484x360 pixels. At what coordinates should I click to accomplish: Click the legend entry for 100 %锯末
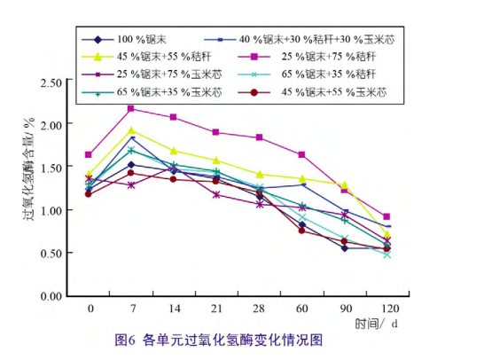click(x=124, y=40)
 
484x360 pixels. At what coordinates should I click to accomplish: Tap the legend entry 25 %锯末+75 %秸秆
click(x=307, y=57)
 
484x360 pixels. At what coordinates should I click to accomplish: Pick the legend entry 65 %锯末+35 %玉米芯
click(x=152, y=92)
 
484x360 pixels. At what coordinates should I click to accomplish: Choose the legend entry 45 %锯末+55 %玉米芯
click(x=312, y=92)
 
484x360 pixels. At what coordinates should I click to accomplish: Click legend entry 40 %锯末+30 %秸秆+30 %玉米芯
click(x=300, y=40)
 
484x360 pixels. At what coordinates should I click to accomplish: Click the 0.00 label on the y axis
click(x=51, y=296)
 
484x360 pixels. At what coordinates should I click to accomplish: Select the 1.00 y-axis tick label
click(x=51, y=210)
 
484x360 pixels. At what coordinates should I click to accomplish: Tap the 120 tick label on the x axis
click(x=390, y=309)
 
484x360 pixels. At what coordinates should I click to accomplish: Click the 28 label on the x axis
click(x=259, y=309)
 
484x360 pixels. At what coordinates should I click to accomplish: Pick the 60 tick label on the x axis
click(x=302, y=309)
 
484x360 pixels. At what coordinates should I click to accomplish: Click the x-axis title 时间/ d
click(x=376, y=324)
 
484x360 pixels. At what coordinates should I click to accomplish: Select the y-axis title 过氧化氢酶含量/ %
click(x=28, y=168)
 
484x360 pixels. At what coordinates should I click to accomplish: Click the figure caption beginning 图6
click(x=219, y=340)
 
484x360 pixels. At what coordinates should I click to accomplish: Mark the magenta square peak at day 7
click(x=131, y=108)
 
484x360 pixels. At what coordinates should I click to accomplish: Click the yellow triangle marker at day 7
click(x=131, y=130)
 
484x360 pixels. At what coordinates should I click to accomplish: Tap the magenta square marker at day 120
click(x=386, y=216)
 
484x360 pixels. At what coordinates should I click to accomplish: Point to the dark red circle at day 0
click(x=89, y=194)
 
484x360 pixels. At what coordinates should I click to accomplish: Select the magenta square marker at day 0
click(x=89, y=154)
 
